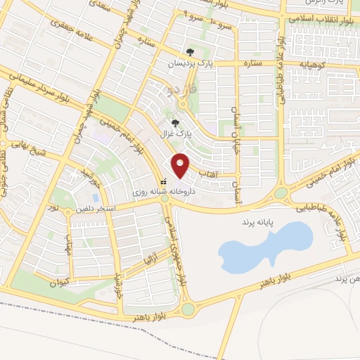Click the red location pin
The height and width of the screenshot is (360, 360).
click(x=181, y=165)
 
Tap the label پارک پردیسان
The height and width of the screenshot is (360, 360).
click(x=191, y=64)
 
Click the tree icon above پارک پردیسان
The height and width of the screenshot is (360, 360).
click(x=190, y=51)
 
